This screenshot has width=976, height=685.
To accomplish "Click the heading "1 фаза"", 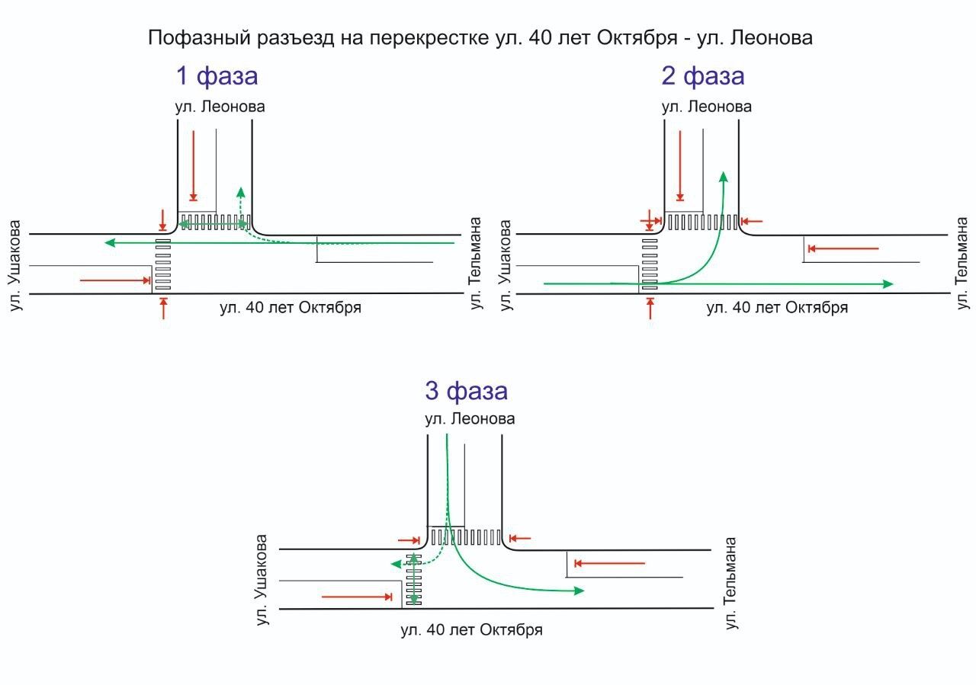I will coord(217,76).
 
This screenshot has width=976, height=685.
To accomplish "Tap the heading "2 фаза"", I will coord(702,76).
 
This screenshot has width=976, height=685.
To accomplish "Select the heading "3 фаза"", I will coord(466,391).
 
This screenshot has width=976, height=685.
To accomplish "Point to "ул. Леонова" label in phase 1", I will coord(220,107).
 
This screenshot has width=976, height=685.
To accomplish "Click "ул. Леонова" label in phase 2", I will coord(706,107).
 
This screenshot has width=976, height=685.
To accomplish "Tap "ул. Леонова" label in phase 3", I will coord(470,419).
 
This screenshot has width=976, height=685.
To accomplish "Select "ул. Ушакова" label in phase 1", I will coord(16,265).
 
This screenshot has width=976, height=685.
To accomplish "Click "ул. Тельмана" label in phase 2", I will coord(963,263).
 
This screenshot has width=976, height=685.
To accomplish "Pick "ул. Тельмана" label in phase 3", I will coord(731,583).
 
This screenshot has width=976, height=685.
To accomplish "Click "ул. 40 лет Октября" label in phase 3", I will coord(471,630).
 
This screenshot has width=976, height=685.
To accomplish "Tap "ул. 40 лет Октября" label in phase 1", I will coord(290,308).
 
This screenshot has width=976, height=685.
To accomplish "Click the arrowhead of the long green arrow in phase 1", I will coord(110,243).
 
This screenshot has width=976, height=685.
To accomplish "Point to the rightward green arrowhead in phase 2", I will coord(888,283).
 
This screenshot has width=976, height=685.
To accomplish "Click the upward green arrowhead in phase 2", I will coord(723,178).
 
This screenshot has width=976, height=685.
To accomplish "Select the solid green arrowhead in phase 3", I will coord(579,591).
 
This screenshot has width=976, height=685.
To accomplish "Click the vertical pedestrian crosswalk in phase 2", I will coord(650,264).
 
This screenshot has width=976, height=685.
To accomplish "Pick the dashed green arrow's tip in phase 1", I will coord(241,191).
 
